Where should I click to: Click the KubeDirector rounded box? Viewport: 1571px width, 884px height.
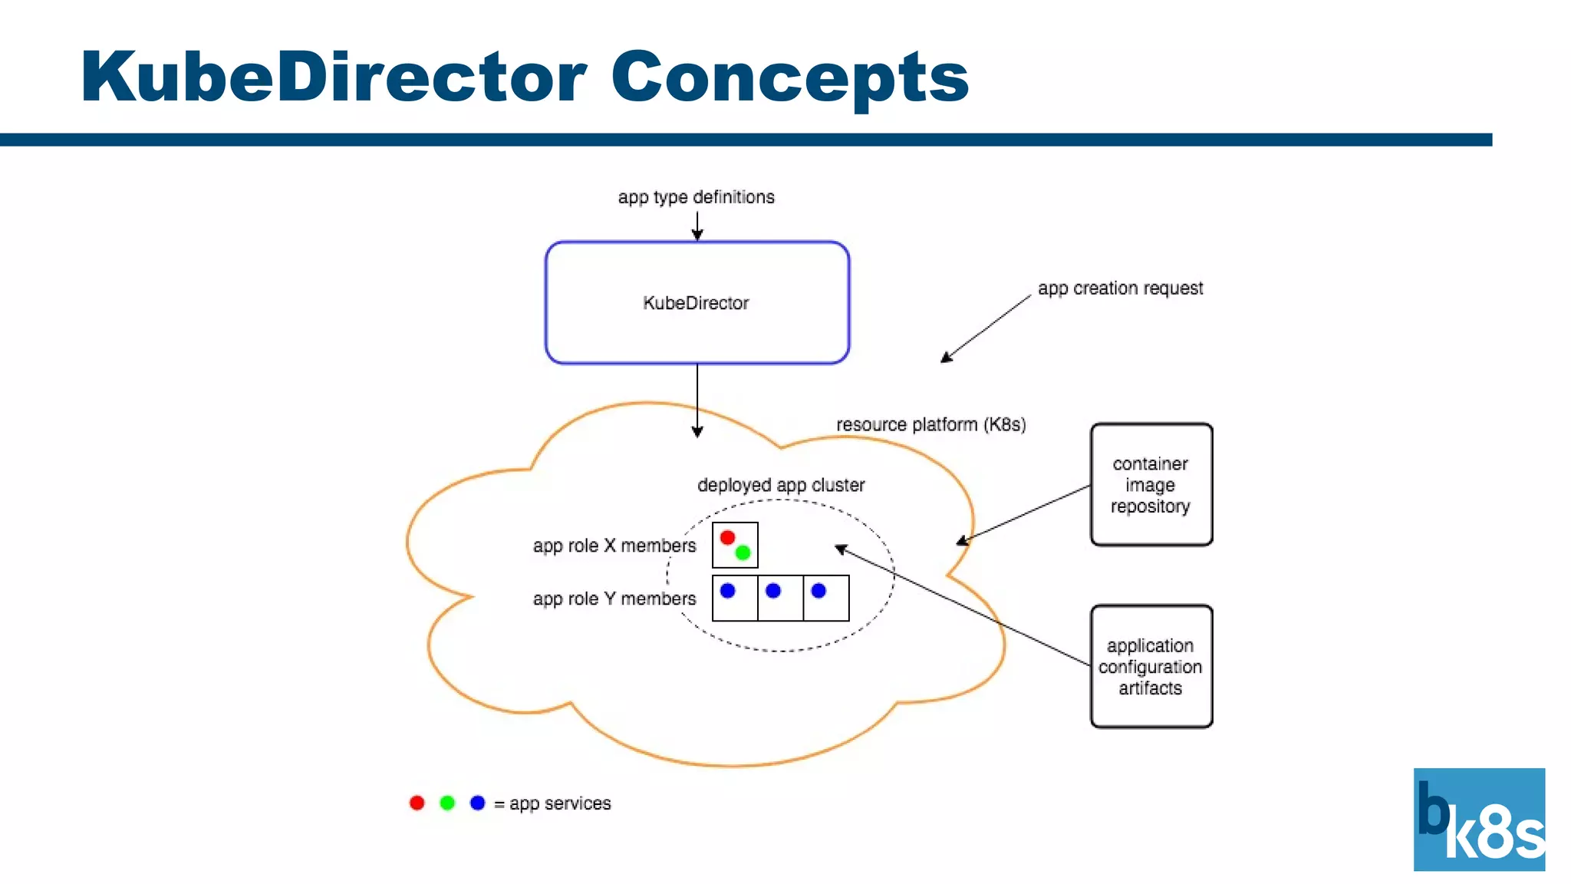point(697,302)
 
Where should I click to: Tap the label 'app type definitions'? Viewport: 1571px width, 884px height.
point(696,197)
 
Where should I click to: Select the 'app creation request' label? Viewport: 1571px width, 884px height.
point(1119,289)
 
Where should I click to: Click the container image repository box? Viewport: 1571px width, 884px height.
point(1151,484)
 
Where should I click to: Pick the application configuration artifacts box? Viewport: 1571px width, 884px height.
point(1151,666)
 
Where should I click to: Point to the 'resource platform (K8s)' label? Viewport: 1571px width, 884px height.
point(930,424)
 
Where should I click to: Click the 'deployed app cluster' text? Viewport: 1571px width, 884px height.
point(780,485)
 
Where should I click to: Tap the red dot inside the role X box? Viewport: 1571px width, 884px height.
point(727,537)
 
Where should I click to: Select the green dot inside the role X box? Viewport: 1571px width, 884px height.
point(743,552)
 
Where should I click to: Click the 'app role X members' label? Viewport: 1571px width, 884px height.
point(614,546)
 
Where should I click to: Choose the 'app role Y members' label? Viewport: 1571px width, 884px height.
point(614,599)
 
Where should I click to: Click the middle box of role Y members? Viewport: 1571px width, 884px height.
point(780,598)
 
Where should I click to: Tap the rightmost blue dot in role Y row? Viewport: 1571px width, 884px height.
point(818,590)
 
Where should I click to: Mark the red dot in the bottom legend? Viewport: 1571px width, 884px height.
point(417,803)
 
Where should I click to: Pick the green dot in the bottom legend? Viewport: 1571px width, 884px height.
point(447,803)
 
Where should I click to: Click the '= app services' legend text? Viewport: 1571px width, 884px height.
point(552,803)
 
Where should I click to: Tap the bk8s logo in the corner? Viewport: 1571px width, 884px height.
point(1479,819)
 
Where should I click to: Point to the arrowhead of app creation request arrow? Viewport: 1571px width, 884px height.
point(946,358)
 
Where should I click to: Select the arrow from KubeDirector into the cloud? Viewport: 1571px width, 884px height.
point(697,399)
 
